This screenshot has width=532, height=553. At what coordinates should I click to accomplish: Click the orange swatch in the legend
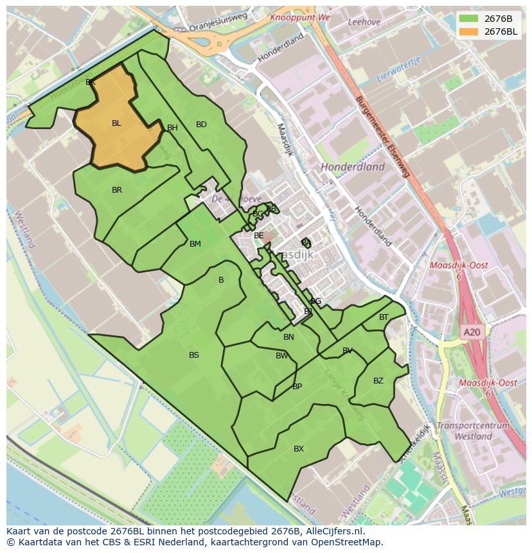(468, 31)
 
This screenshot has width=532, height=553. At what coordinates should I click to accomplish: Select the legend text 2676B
(498, 18)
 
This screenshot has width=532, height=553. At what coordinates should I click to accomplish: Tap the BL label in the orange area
(116, 123)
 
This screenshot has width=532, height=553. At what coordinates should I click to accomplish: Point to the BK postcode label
(91, 82)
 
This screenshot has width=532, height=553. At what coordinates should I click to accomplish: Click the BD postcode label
(201, 125)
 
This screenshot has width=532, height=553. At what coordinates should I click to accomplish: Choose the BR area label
(117, 190)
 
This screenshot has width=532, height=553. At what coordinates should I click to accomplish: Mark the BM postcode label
(195, 244)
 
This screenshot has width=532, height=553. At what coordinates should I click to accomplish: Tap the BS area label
(194, 355)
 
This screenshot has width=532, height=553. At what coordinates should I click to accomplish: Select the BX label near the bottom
(299, 449)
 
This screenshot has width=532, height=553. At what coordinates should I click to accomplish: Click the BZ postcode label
(378, 381)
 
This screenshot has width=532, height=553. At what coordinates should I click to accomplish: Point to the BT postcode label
(384, 317)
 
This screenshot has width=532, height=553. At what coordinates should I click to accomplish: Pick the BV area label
(348, 351)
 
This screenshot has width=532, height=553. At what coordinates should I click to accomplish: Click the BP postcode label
(297, 387)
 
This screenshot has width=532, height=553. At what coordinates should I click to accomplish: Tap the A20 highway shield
(472, 332)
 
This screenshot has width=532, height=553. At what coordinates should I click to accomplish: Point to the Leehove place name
(364, 21)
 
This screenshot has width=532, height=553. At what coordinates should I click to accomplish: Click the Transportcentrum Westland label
(473, 431)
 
